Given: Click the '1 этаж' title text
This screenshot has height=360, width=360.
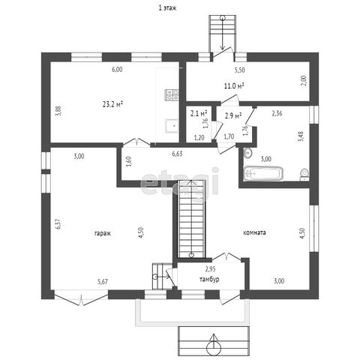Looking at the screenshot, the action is (167, 7).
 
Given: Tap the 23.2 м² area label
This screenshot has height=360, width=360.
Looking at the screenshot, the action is (112, 104).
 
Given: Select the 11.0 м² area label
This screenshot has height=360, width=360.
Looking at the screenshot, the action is (234, 86).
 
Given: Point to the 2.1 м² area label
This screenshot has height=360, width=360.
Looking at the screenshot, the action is (199, 113).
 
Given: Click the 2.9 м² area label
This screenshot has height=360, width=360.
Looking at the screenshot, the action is (233, 115).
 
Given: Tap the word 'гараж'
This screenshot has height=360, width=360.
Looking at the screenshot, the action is (103, 233).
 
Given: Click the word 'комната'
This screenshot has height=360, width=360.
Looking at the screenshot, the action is (254, 232).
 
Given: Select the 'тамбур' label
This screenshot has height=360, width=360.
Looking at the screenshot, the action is (209, 279).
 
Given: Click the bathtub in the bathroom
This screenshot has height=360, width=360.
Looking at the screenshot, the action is (263, 173).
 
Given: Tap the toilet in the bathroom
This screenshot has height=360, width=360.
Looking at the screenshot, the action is (304, 174).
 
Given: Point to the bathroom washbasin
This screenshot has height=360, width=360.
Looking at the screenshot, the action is (247, 153).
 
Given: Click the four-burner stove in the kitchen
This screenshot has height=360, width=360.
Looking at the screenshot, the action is (172, 95).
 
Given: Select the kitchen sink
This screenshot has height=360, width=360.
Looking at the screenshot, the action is (172, 126).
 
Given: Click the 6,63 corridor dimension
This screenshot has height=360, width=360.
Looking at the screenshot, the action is (177, 154).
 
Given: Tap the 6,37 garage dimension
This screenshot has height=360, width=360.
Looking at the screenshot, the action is (58, 224).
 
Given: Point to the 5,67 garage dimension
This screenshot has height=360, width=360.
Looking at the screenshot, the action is (103, 282).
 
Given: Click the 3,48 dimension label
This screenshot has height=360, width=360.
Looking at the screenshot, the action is (301, 136).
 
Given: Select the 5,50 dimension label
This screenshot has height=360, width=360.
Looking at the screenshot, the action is (239, 70).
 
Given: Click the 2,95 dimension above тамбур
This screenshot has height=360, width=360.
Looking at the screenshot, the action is (211, 269).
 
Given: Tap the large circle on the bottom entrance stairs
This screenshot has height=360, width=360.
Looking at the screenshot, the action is (214, 348).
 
